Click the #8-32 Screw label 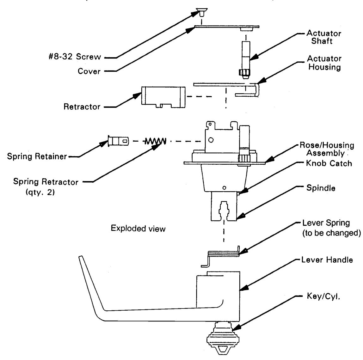pyautogui.click(x=75, y=57)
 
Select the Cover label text pyautogui.click(x=89, y=71)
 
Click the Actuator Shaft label pyautogui.click(x=324, y=37)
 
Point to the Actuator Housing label pyautogui.click(x=324, y=63)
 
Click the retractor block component pyautogui.click(x=163, y=97)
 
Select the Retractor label pyautogui.click(x=82, y=107)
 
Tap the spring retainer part pyautogui.click(x=118, y=141)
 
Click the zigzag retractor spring pyautogui.click(x=155, y=141)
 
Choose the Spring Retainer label pyautogui.click(x=37, y=156)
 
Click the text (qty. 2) pyautogui.click(x=40, y=192)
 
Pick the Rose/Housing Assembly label pyautogui.click(x=327, y=149)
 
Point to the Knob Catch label pyautogui.click(x=329, y=163)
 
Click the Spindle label pyautogui.click(x=321, y=188)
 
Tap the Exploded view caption pyautogui.click(x=138, y=228)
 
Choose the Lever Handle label pyautogui.click(x=327, y=260)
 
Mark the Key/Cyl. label pyautogui.click(x=323, y=296)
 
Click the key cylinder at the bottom pyautogui.click(x=223, y=338)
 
